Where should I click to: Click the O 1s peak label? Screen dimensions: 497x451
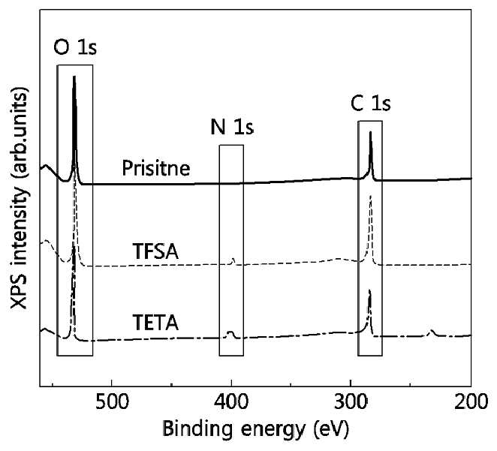tap(75, 48)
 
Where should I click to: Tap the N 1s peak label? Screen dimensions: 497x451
tap(232, 127)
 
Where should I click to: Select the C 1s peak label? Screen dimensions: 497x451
tap(371, 104)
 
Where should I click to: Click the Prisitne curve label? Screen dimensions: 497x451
tap(156, 168)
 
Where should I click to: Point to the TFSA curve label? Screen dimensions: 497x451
tap(155, 252)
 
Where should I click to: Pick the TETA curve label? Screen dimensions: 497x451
tap(155, 323)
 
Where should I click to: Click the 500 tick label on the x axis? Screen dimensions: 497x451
tap(112, 402)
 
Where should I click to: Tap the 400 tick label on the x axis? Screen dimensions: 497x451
tap(231, 402)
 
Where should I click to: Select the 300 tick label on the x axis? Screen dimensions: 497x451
tap(351, 402)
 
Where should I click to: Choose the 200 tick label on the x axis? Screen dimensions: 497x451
tap(471, 402)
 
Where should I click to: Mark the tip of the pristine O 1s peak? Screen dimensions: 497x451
tap(74, 77)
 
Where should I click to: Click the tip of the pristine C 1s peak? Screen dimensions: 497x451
tap(370, 132)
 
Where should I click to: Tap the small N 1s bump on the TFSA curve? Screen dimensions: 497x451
tap(233, 260)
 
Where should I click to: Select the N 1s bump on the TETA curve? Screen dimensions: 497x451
tap(230, 332)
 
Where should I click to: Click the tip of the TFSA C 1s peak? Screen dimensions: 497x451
tap(370, 197)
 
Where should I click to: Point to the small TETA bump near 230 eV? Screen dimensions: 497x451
tap(431, 331)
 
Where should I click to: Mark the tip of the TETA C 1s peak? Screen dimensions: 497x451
tap(369, 290)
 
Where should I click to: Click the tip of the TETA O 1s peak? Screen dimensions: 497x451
tap(74, 248)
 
